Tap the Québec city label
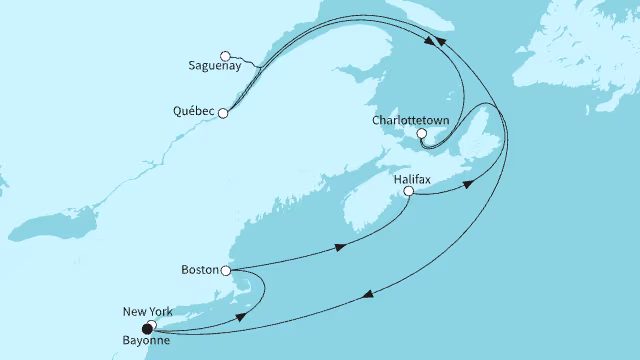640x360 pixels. tap(189, 113)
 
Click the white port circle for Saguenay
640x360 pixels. tap(226, 55)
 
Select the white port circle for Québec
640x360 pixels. tap(223, 113)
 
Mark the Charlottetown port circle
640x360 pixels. tap(421, 133)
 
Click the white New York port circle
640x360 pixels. tap(152, 323)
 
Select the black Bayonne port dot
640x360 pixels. tap(147, 328)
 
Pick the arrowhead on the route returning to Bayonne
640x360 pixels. tap(368, 293)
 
